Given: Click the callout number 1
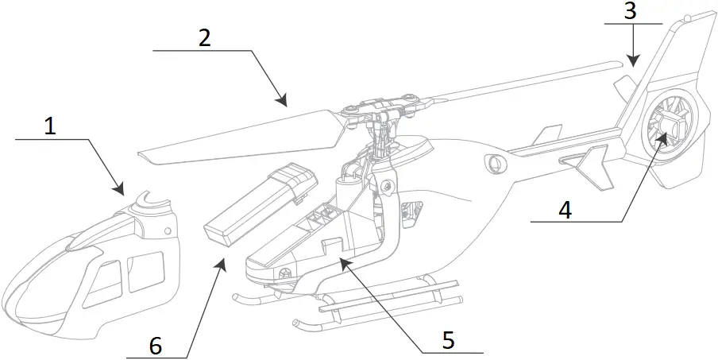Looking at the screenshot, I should [49, 126].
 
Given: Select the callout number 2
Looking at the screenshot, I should [204, 38].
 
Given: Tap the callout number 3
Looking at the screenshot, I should [631, 10].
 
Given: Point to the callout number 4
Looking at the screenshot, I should [565, 210].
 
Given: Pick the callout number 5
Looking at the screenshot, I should [448, 339].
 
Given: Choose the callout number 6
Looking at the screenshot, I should [156, 346].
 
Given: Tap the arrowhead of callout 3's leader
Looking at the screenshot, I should [631, 61].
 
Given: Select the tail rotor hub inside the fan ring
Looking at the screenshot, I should [668, 127].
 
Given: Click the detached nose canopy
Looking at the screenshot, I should [87, 262].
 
